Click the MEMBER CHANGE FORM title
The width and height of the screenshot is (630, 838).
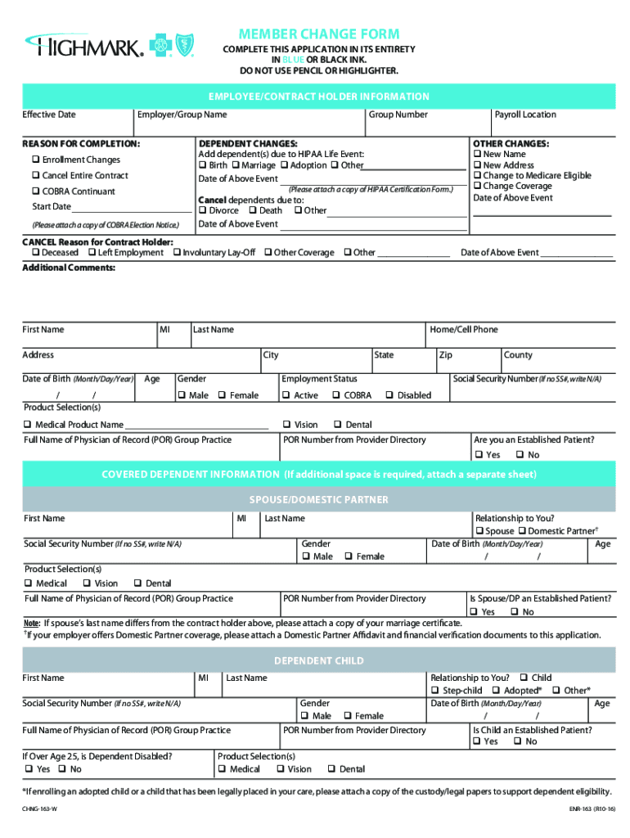coord(319,34)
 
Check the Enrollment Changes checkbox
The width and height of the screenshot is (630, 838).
coord(36,160)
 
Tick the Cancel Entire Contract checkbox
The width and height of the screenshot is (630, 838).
coord(36,176)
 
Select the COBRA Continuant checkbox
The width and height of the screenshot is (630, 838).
coord(36,191)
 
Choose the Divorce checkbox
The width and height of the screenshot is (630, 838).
coord(202,210)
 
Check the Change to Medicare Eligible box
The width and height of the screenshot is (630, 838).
coord(478,176)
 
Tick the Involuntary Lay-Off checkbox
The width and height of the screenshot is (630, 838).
coord(177,253)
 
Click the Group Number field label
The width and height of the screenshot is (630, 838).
coord(398,115)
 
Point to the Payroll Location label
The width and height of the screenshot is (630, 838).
coord(525,115)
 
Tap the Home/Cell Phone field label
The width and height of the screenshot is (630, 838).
coord(463,329)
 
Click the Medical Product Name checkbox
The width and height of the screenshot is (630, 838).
coord(28,425)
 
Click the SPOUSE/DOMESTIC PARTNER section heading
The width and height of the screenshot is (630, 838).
coord(319,499)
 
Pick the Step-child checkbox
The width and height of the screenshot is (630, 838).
coord(435,691)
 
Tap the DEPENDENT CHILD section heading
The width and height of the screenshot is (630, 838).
coord(319,660)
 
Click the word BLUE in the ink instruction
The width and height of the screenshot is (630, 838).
coord(294,60)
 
